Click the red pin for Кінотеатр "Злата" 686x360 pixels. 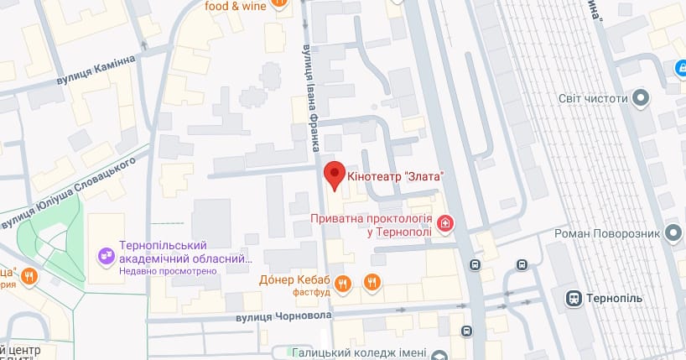(x=335, y=174)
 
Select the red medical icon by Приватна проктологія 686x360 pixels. (x=445, y=223)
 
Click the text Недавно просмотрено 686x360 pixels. (x=169, y=271)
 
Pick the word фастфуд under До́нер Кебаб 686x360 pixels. (x=308, y=293)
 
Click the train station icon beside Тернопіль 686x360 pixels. (x=574, y=298)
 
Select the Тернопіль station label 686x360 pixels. (x=615, y=298)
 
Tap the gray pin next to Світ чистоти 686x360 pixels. (x=642, y=98)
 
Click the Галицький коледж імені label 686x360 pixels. (x=361, y=353)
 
